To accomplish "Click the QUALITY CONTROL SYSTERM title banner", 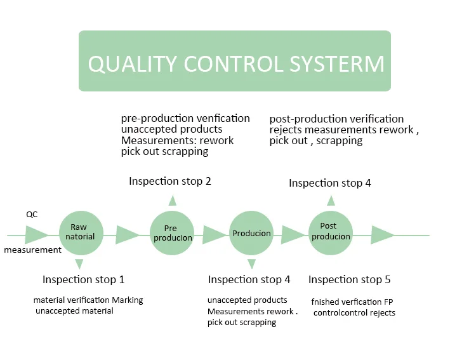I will coord(235,62).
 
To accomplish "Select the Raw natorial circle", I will coord(79,232).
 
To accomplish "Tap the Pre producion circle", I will coord(170,233).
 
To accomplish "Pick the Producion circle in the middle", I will coord(251,234).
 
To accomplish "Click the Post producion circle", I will coord(330,232).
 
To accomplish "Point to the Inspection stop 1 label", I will coord(83,279).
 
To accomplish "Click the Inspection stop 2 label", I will coord(169,182).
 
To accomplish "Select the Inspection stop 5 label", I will coord(349,279).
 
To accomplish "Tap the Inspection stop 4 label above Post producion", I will coord(329,183).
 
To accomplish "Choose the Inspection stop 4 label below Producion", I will coord(249,279).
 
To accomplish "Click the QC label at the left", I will coord(32,215).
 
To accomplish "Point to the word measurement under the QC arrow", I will coord(32,250).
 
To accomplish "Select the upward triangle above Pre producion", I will coord(172,201).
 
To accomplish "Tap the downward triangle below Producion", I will coord(251,263).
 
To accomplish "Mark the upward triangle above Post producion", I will coord(331,201).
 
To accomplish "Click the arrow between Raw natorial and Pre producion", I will coord(127,236).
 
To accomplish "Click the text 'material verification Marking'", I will coord(88,300).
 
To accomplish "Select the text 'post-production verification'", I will coord(336,119).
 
